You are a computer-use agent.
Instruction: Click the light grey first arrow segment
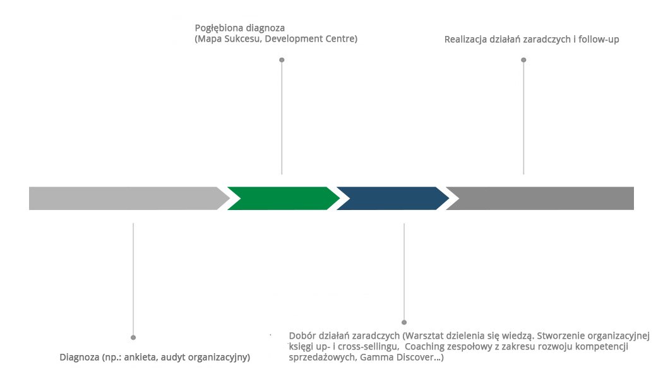(x=126, y=198)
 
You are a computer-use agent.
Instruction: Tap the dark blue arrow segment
(x=391, y=198)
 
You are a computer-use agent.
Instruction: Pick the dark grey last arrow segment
(x=543, y=198)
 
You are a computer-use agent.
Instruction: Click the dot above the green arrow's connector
(x=282, y=60)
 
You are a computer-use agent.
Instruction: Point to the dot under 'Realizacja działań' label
(x=523, y=60)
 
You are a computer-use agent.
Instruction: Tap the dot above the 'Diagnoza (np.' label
(x=133, y=337)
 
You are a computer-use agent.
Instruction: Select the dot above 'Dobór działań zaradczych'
(x=404, y=322)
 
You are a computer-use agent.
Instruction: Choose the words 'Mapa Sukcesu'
(x=228, y=39)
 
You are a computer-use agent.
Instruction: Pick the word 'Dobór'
(x=302, y=336)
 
